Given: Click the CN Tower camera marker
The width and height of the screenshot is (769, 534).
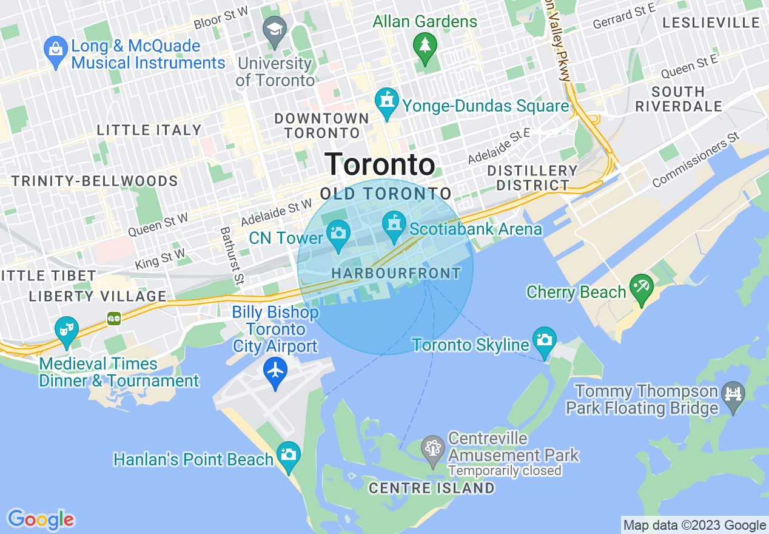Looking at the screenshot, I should [337, 232].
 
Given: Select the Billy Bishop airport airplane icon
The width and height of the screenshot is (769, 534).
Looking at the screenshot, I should [275, 369].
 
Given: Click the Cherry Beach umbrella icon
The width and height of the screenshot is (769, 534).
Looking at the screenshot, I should [641, 285].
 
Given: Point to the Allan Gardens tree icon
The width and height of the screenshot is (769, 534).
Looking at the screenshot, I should [425, 44].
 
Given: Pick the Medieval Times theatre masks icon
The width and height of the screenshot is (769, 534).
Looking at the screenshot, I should [66, 330].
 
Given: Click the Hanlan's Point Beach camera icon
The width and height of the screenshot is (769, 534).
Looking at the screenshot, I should [289, 454].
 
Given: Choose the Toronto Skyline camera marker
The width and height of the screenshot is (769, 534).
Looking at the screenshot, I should [545, 339].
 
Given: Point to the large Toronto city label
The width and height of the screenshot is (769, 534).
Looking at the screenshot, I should [380, 164].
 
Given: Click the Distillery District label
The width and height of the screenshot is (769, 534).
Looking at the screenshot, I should [532, 178].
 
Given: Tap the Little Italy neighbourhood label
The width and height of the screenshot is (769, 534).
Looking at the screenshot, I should [149, 130].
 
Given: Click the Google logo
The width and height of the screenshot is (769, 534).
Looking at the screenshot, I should [41, 519].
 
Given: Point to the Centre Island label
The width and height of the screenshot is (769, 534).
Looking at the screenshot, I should [431, 488].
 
